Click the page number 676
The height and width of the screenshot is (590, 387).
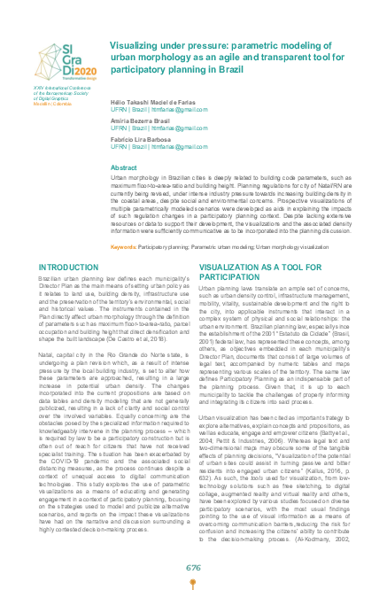click(x=193, y=566)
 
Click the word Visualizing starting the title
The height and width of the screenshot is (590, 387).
click(x=137, y=43)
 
